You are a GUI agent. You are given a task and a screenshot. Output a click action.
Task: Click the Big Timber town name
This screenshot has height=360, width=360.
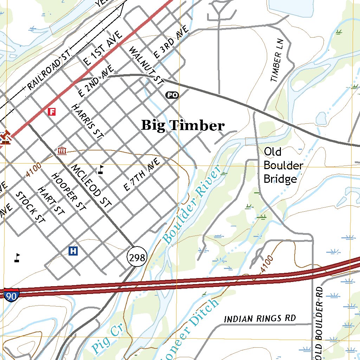click(x=182, y=126)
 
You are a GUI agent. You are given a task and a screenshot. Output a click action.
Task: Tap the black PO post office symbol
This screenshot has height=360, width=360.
click(x=172, y=95)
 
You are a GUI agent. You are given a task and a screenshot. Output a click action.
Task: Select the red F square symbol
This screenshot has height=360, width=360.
click(x=52, y=112)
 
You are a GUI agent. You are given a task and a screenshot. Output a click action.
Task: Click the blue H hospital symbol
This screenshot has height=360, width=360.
click(x=73, y=251)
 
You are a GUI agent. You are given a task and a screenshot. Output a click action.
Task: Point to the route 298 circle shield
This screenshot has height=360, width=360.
click(x=137, y=258)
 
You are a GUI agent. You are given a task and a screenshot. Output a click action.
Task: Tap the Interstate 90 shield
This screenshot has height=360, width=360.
click(x=11, y=295)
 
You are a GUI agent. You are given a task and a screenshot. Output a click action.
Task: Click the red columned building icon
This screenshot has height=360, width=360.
click(x=62, y=151)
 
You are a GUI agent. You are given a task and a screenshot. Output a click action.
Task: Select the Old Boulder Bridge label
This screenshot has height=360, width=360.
click(x=283, y=165)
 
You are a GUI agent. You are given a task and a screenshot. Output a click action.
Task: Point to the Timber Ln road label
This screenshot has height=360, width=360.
click(x=277, y=63)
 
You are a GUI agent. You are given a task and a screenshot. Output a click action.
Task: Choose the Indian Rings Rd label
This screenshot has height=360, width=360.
click(x=260, y=319)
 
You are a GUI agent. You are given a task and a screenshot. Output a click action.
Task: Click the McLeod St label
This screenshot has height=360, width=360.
click(x=91, y=185)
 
